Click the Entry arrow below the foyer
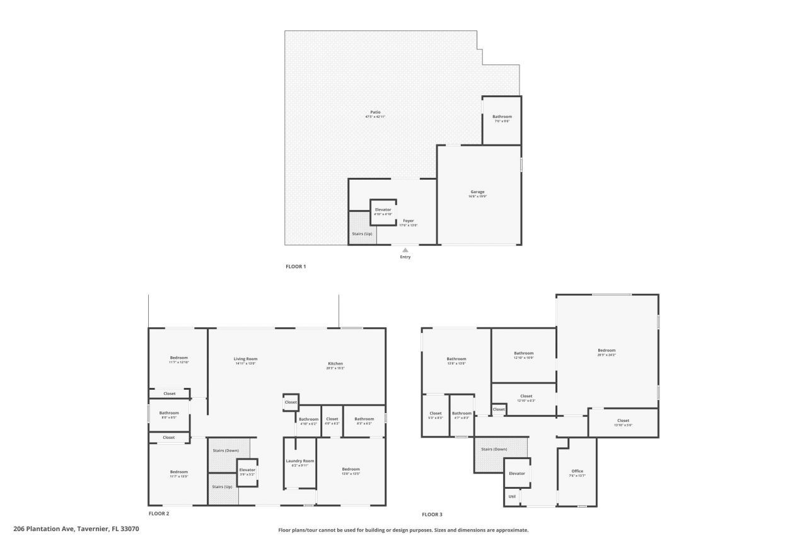405,250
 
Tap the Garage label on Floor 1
477,192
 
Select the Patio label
375,112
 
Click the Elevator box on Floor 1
383,212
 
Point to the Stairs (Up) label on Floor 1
362,234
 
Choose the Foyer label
409,221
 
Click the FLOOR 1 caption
296,267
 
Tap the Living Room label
245,359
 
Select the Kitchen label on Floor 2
335,364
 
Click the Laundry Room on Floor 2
300,463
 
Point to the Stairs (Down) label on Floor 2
225,450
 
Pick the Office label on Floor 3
577,471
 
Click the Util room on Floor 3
511,497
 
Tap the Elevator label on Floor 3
517,474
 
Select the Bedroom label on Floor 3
607,351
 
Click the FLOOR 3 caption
432,515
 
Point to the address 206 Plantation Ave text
76,529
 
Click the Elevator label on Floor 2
247,470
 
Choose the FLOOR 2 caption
159,513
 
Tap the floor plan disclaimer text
403,530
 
